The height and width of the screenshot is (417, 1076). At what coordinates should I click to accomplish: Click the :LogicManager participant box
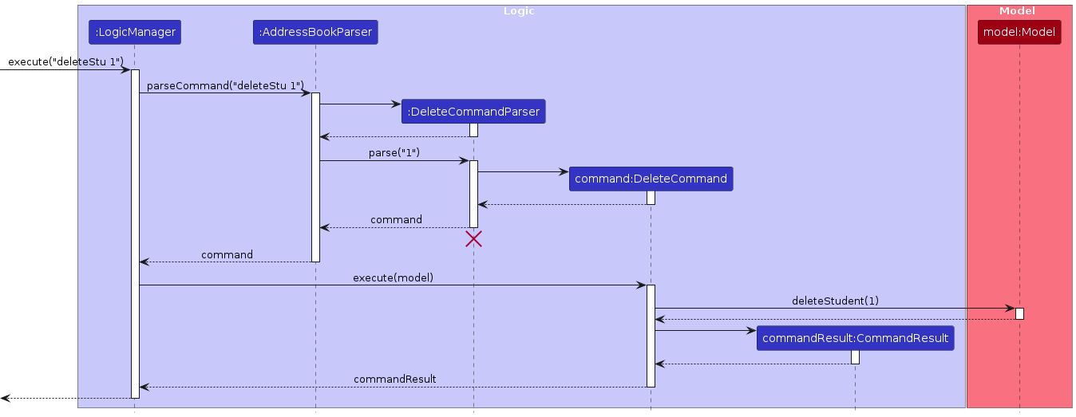[135, 32]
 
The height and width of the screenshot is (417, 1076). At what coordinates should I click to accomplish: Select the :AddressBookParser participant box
[315, 32]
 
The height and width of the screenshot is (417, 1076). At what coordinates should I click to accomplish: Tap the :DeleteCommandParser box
[473, 112]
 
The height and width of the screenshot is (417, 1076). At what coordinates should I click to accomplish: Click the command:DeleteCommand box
[651, 179]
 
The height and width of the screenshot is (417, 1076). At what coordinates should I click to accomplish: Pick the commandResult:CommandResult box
[855, 338]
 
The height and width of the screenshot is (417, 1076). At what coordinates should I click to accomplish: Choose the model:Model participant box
[1019, 32]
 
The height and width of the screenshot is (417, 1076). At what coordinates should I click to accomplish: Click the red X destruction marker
[473, 238]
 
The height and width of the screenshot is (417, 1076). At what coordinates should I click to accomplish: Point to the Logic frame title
[519, 11]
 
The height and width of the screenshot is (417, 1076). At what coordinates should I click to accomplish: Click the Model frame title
[1017, 11]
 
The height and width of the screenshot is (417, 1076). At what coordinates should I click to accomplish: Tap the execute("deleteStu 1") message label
[65, 61]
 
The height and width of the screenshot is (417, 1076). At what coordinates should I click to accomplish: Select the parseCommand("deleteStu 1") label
[225, 85]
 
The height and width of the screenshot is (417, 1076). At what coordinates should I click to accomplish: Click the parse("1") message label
[394, 152]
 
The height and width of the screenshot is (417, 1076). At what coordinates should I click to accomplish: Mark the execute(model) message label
[393, 277]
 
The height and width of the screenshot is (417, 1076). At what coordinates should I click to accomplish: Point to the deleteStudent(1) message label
[835, 301]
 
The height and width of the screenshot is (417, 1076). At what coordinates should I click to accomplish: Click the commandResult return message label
[394, 379]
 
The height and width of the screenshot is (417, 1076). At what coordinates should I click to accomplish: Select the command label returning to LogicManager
[227, 254]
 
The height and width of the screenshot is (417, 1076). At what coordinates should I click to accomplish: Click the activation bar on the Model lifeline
[1019, 313]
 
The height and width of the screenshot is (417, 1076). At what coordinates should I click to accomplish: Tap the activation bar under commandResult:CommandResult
[855, 357]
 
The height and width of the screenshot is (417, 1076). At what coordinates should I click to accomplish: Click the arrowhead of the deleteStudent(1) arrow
[1010, 308]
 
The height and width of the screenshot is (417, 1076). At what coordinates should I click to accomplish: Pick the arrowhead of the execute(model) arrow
[641, 285]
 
